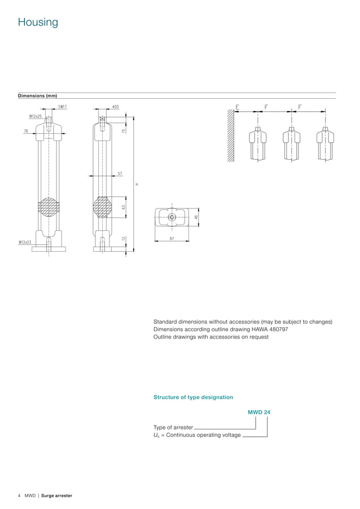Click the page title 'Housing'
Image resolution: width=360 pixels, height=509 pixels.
pos(38,23)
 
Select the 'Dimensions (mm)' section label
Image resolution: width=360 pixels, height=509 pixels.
pos(37,96)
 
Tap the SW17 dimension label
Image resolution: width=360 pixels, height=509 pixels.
pos(63,107)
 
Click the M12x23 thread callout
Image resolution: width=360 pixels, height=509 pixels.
pos(25,242)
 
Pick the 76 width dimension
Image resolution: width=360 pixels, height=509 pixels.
pos(27,130)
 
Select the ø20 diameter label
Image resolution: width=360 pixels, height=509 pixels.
pos(115,107)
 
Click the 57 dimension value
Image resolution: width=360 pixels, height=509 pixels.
pos(120,173)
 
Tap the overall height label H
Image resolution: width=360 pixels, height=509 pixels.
pos(137,184)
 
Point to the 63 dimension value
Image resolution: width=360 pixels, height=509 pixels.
pos(123,207)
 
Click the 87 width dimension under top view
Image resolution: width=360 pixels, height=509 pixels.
pos(172,239)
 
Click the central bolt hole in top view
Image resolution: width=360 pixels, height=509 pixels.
pos(172,217)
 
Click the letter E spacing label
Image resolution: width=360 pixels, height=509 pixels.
pos(237,107)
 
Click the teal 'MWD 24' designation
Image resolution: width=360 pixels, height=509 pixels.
pos(259,413)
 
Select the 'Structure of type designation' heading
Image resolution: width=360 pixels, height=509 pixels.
pos(193,397)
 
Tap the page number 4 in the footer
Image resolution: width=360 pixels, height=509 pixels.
pos(19,496)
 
